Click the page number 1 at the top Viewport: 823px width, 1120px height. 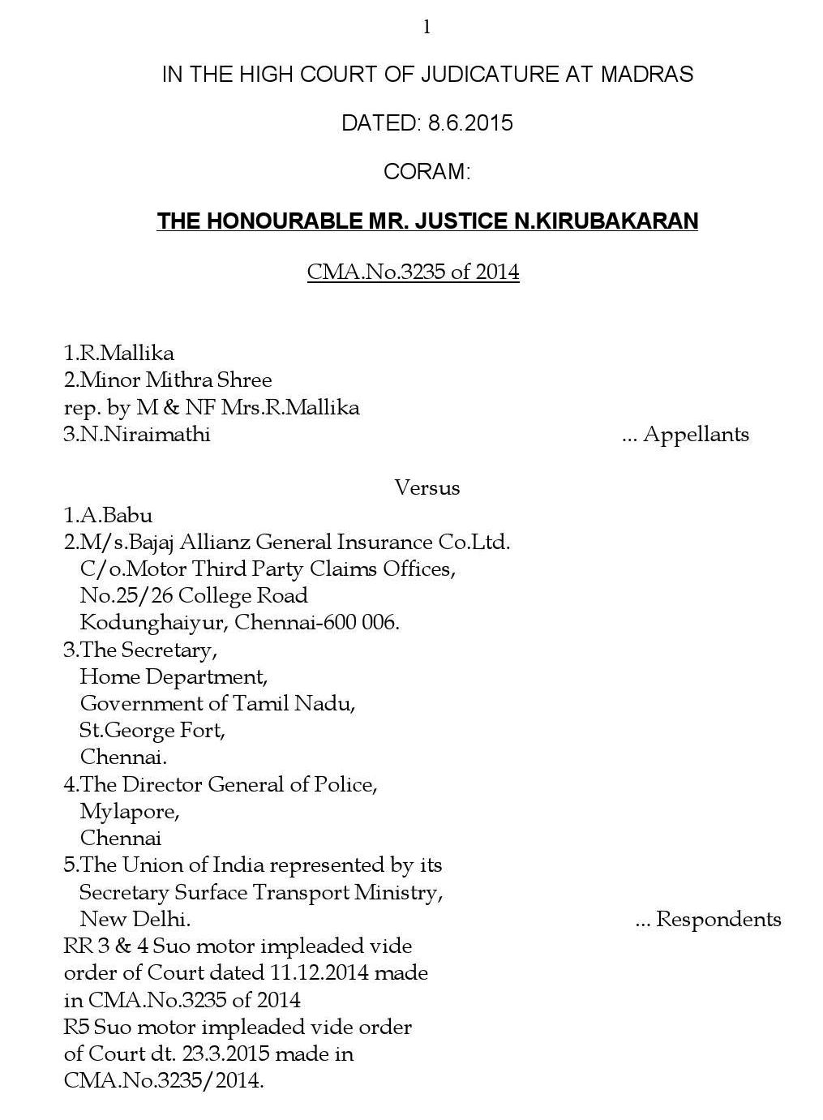point(427,28)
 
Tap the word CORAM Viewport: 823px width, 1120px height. point(426,172)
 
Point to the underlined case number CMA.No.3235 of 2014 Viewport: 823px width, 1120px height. point(413,271)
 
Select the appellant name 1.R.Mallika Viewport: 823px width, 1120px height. point(119,353)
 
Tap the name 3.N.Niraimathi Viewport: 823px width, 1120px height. point(137,434)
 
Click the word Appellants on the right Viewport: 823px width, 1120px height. point(696,435)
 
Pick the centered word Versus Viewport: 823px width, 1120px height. point(427,487)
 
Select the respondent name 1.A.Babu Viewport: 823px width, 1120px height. point(108,515)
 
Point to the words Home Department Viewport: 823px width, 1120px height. point(173,676)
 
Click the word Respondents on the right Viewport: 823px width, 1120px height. point(718,919)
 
